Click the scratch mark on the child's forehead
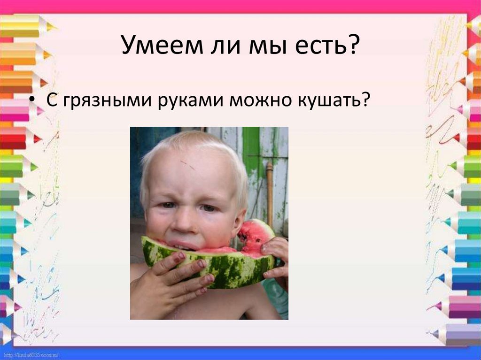click(x=187, y=164)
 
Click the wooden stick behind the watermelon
click(x=270, y=188)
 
